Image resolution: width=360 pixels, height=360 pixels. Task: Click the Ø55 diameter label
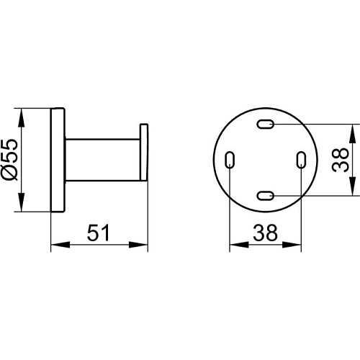[10, 159]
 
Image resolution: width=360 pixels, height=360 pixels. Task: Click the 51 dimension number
[98, 233]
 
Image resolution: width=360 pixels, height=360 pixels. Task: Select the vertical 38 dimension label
[341, 160]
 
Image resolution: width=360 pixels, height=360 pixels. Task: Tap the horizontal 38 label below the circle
[265, 233]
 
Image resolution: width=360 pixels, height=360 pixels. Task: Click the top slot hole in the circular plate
[266, 124]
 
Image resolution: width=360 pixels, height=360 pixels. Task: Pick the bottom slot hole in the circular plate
[266, 196]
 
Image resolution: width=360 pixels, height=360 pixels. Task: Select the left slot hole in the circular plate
[230, 160]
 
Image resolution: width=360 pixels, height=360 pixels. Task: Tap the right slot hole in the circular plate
[301, 160]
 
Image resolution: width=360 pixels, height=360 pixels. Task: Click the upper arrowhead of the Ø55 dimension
[22, 117]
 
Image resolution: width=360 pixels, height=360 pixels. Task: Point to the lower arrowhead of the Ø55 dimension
[22, 202]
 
